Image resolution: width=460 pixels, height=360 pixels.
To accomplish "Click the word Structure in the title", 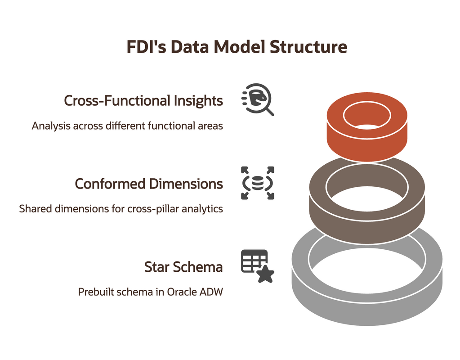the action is click(308, 47).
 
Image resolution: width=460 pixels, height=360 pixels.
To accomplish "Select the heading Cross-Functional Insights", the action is click(143, 101).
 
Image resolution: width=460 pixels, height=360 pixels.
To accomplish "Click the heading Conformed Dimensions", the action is click(149, 184).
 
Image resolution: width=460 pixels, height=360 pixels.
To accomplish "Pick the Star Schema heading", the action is click(183, 267).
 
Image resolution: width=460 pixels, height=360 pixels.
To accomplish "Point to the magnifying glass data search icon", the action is click(258, 99).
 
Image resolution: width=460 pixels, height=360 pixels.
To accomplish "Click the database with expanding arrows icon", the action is click(258, 183).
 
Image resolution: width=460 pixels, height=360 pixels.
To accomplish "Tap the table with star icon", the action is click(258, 266).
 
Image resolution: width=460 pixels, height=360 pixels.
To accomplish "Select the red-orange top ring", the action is click(367, 141).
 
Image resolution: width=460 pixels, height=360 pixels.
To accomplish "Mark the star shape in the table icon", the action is click(266, 274).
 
